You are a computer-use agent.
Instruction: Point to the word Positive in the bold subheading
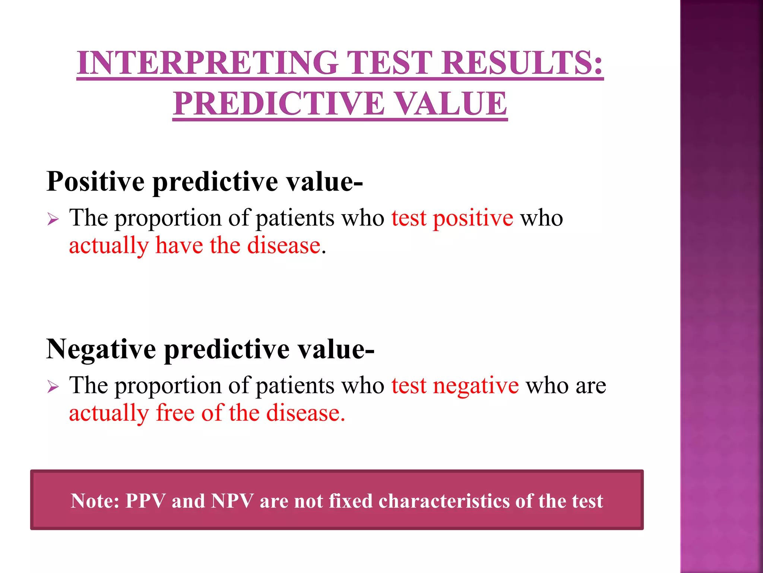click(95, 182)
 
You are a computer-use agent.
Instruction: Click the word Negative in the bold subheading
click(101, 349)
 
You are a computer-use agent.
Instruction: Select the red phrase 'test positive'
click(452, 218)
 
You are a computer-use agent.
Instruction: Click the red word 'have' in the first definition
click(179, 246)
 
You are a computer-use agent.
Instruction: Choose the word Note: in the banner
click(95, 501)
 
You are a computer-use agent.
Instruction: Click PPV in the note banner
click(145, 501)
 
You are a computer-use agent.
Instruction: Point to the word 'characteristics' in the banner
click(444, 501)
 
